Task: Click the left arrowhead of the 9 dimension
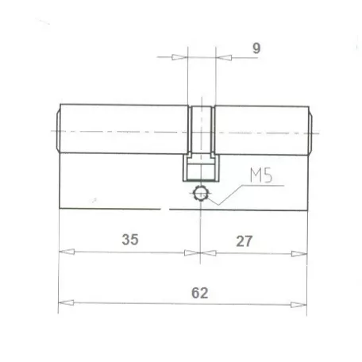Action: coord(179,57)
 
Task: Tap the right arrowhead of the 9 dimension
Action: coord(223,57)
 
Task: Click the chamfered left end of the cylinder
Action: coord(57,130)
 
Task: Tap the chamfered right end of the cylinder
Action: coord(310,130)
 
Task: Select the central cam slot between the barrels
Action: coord(201,131)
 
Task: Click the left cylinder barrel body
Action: coord(123,131)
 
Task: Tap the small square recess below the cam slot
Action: coord(201,169)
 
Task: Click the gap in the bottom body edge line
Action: coord(167,210)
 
